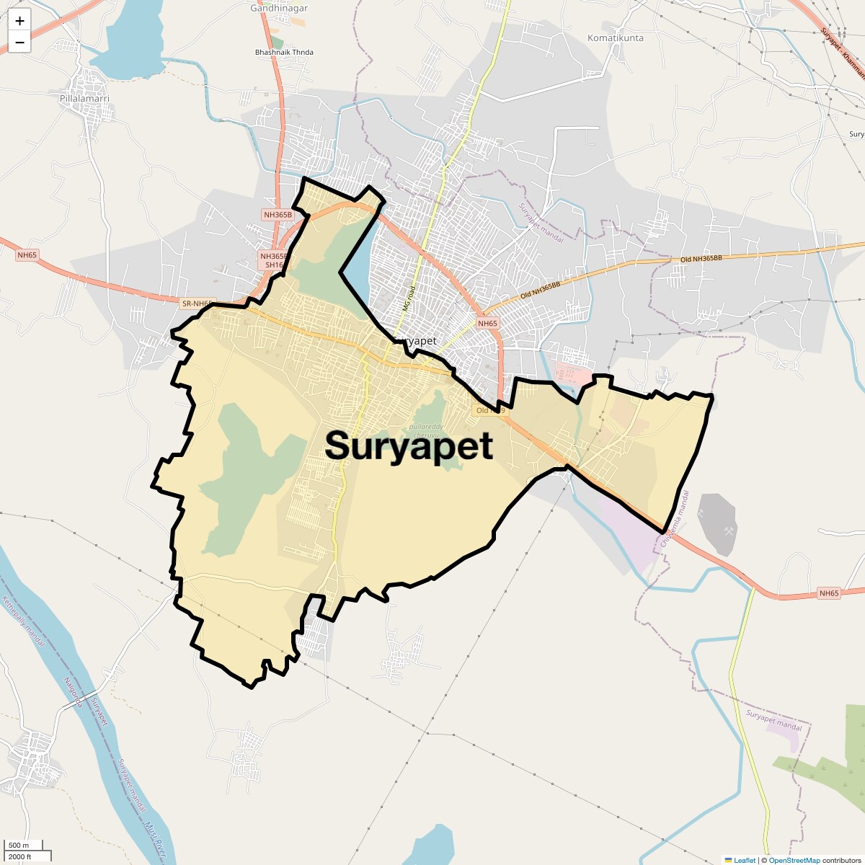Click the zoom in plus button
(19, 22)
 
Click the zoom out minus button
(19, 43)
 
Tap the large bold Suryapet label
(409, 445)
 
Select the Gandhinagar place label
(279, 9)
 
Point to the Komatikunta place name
(616, 37)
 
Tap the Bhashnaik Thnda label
(284, 53)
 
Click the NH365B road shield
(278, 215)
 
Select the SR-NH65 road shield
(198, 304)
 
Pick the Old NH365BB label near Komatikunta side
(701, 258)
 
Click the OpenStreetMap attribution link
(794, 860)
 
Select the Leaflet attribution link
(745, 860)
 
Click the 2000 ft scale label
(19, 856)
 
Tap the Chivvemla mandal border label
(675, 519)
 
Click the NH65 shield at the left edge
(27, 254)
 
